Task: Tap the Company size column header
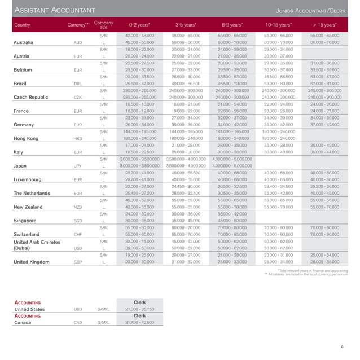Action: pyautogui.click(x=104, y=25)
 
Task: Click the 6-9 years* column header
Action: pyautogui.click(x=232, y=25)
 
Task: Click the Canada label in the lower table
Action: pyautogui.click(x=23, y=323)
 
